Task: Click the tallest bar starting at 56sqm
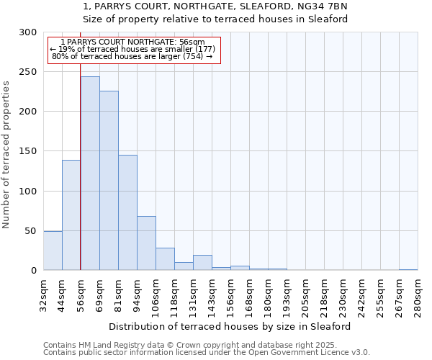point(90,173)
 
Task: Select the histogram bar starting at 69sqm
point(109,180)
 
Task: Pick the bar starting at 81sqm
point(127,212)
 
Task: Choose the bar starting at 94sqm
point(146,243)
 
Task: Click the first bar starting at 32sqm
point(53,251)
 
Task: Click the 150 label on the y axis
point(27,151)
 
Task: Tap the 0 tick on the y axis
point(33,271)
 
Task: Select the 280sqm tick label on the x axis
point(418,294)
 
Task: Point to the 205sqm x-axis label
point(305,294)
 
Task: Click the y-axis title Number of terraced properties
point(6,155)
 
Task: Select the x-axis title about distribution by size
point(230,326)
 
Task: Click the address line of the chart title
point(215,6)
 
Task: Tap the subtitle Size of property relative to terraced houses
point(215,19)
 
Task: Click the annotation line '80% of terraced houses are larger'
point(132,56)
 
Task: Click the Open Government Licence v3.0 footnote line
point(206,353)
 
